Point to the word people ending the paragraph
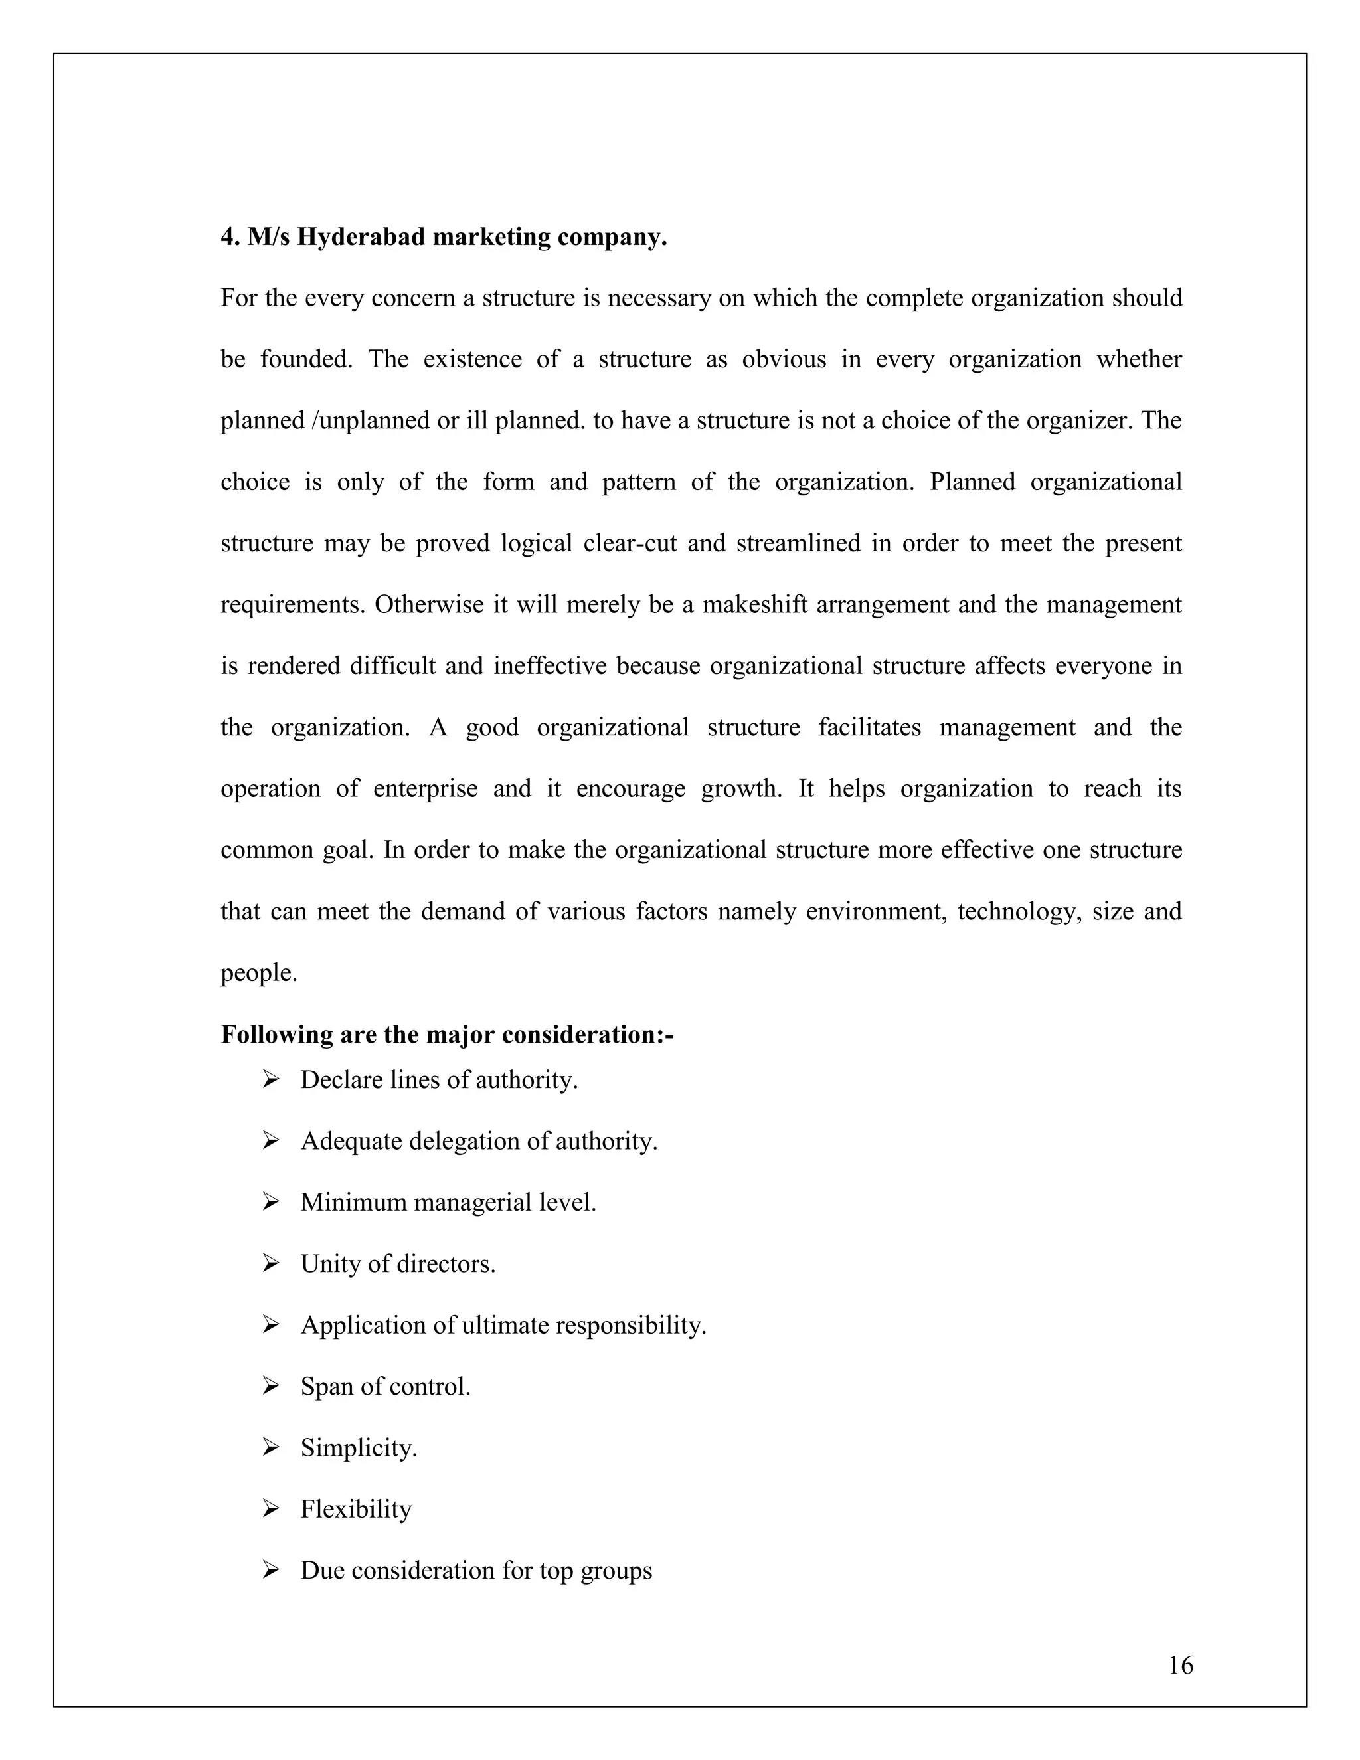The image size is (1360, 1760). (x=258, y=973)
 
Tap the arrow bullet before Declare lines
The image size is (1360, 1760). (x=271, y=1078)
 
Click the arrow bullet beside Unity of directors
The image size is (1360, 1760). (x=271, y=1263)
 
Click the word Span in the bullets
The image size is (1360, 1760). (x=326, y=1386)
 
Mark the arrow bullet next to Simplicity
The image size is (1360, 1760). (x=271, y=1447)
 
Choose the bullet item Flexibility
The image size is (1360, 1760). (x=356, y=1508)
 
